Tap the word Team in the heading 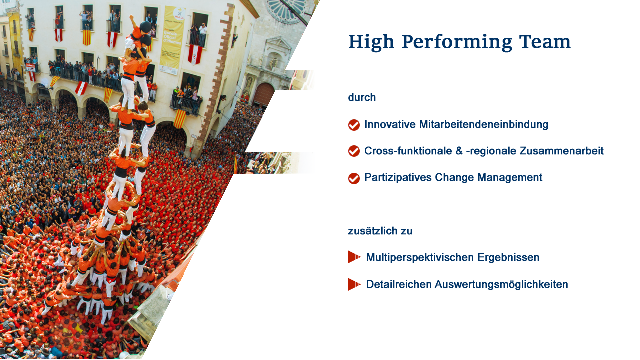545,42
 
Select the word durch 362,97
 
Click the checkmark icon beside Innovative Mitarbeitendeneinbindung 354,125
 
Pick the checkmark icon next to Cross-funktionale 354,151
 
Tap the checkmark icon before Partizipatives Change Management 354,178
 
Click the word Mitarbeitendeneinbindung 483,125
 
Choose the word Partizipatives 398,177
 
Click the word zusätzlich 373,231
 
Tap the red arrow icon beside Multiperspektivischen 354,257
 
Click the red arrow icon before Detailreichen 354,284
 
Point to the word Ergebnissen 508,257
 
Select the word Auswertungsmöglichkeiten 501,285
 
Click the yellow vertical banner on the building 172,40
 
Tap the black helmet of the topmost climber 145,27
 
